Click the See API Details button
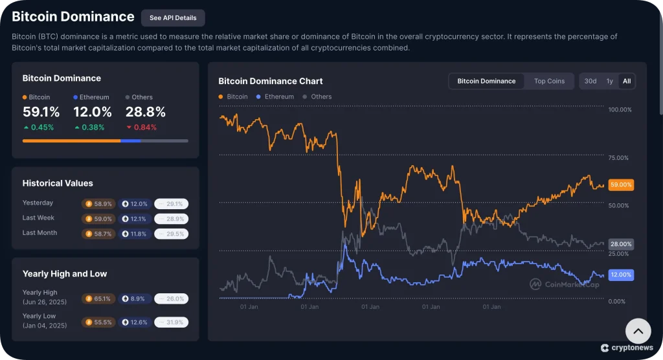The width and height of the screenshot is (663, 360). point(173,18)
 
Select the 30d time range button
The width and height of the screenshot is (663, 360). point(590,81)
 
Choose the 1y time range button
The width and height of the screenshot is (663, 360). point(609,81)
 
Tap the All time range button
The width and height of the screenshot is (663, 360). point(626,81)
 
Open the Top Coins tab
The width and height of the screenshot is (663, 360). point(549,81)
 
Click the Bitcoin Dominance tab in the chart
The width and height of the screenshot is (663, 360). point(486,81)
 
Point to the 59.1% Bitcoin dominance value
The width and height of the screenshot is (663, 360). point(41,112)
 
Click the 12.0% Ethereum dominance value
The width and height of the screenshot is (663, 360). point(92,112)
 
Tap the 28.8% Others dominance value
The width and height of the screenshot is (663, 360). point(145,112)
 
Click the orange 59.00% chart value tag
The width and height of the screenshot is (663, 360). point(621,185)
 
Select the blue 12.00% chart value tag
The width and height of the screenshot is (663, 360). point(621,275)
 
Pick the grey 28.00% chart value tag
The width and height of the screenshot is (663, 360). point(621,244)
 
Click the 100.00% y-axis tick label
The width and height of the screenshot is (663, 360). point(620,109)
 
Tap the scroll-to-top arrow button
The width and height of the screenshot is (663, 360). point(638,331)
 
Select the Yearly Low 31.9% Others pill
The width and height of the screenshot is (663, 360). point(172,322)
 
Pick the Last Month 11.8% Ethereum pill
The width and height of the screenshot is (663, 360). point(135,234)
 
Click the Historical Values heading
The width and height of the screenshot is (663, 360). point(58,183)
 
